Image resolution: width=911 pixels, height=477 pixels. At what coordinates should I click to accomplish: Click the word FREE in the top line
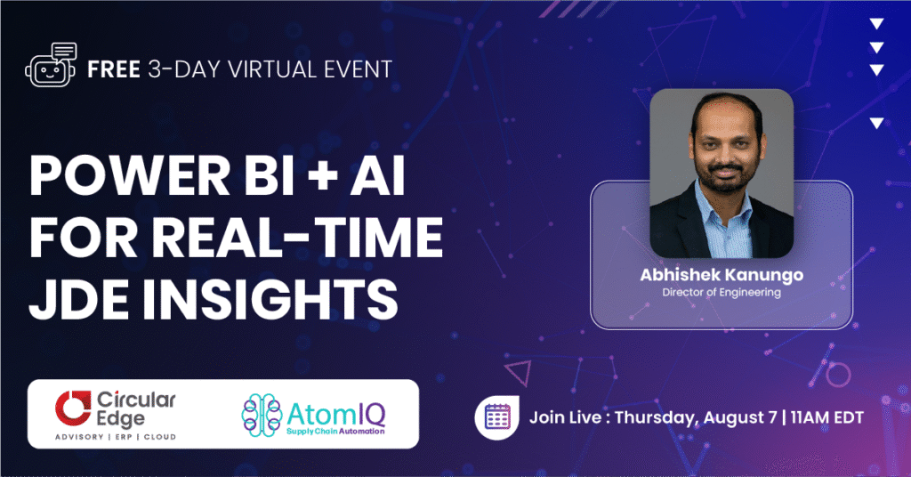click(113, 69)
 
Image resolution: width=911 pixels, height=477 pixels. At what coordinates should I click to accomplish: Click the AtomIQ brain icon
click(263, 414)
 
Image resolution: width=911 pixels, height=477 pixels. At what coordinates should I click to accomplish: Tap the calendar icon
click(494, 416)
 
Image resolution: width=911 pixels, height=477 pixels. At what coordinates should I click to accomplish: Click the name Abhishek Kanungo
click(722, 275)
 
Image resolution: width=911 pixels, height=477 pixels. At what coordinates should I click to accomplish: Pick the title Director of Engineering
click(722, 293)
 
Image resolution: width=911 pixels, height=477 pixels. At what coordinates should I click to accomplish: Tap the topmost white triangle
click(876, 24)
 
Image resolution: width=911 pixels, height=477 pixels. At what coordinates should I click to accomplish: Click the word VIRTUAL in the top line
click(265, 69)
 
